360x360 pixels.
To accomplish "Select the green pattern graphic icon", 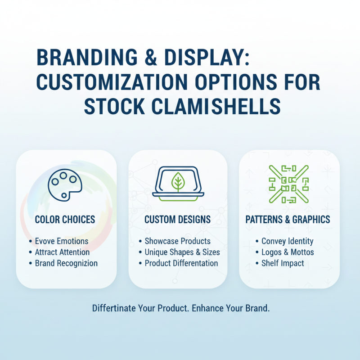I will click(288, 184).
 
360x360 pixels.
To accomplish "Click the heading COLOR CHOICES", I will click(65, 220).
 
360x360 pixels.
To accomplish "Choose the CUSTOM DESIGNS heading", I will click(178, 220).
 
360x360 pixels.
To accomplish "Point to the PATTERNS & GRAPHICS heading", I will click(288, 220).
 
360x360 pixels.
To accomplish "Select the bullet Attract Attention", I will click(62, 252).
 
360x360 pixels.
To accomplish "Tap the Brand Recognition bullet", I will click(66, 263).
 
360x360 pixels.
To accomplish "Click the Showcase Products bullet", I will click(177, 241).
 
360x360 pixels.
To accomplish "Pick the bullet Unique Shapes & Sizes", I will click(182, 252).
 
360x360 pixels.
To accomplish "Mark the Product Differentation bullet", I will click(181, 263).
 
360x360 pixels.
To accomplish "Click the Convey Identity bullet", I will click(287, 241).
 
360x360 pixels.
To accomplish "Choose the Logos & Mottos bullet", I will click(288, 252).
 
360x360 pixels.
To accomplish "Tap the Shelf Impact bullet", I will click(283, 263).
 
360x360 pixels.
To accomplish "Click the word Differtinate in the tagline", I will click(116, 309).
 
